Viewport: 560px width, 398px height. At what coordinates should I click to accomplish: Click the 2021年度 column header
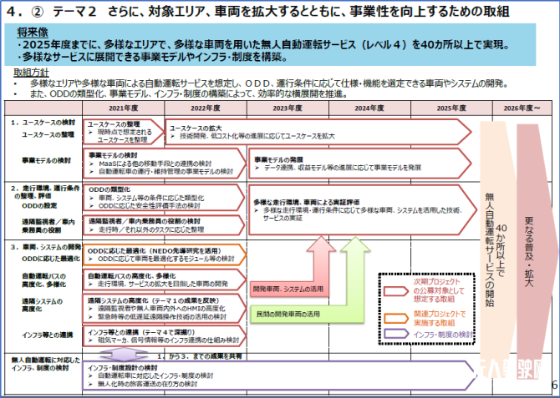tap(123, 108)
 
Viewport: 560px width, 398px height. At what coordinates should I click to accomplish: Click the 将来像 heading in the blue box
tap(31, 30)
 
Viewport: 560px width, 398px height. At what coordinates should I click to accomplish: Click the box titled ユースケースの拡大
tap(318, 132)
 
